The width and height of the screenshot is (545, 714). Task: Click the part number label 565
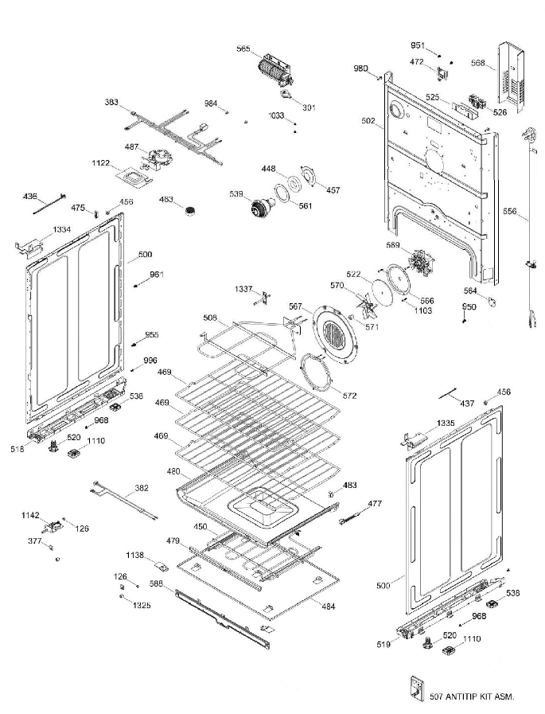click(x=243, y=49)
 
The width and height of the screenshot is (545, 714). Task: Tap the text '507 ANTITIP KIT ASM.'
click(x=471, y=696)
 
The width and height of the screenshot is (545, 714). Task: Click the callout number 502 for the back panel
click(x=368, y=121)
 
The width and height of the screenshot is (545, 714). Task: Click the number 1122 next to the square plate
click(x=100, y=162)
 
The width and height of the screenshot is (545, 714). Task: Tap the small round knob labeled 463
click(x=189, y=211)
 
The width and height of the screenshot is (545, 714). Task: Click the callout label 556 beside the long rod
click(x=510, y=212)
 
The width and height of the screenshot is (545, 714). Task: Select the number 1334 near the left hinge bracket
click(x=63, y=230)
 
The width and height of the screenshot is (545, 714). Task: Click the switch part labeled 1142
click(x=56, y=526)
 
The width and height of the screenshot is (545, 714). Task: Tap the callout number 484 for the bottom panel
click(x=328, y=607)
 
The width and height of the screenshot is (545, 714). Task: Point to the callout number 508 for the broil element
click(x=209, y=318)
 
